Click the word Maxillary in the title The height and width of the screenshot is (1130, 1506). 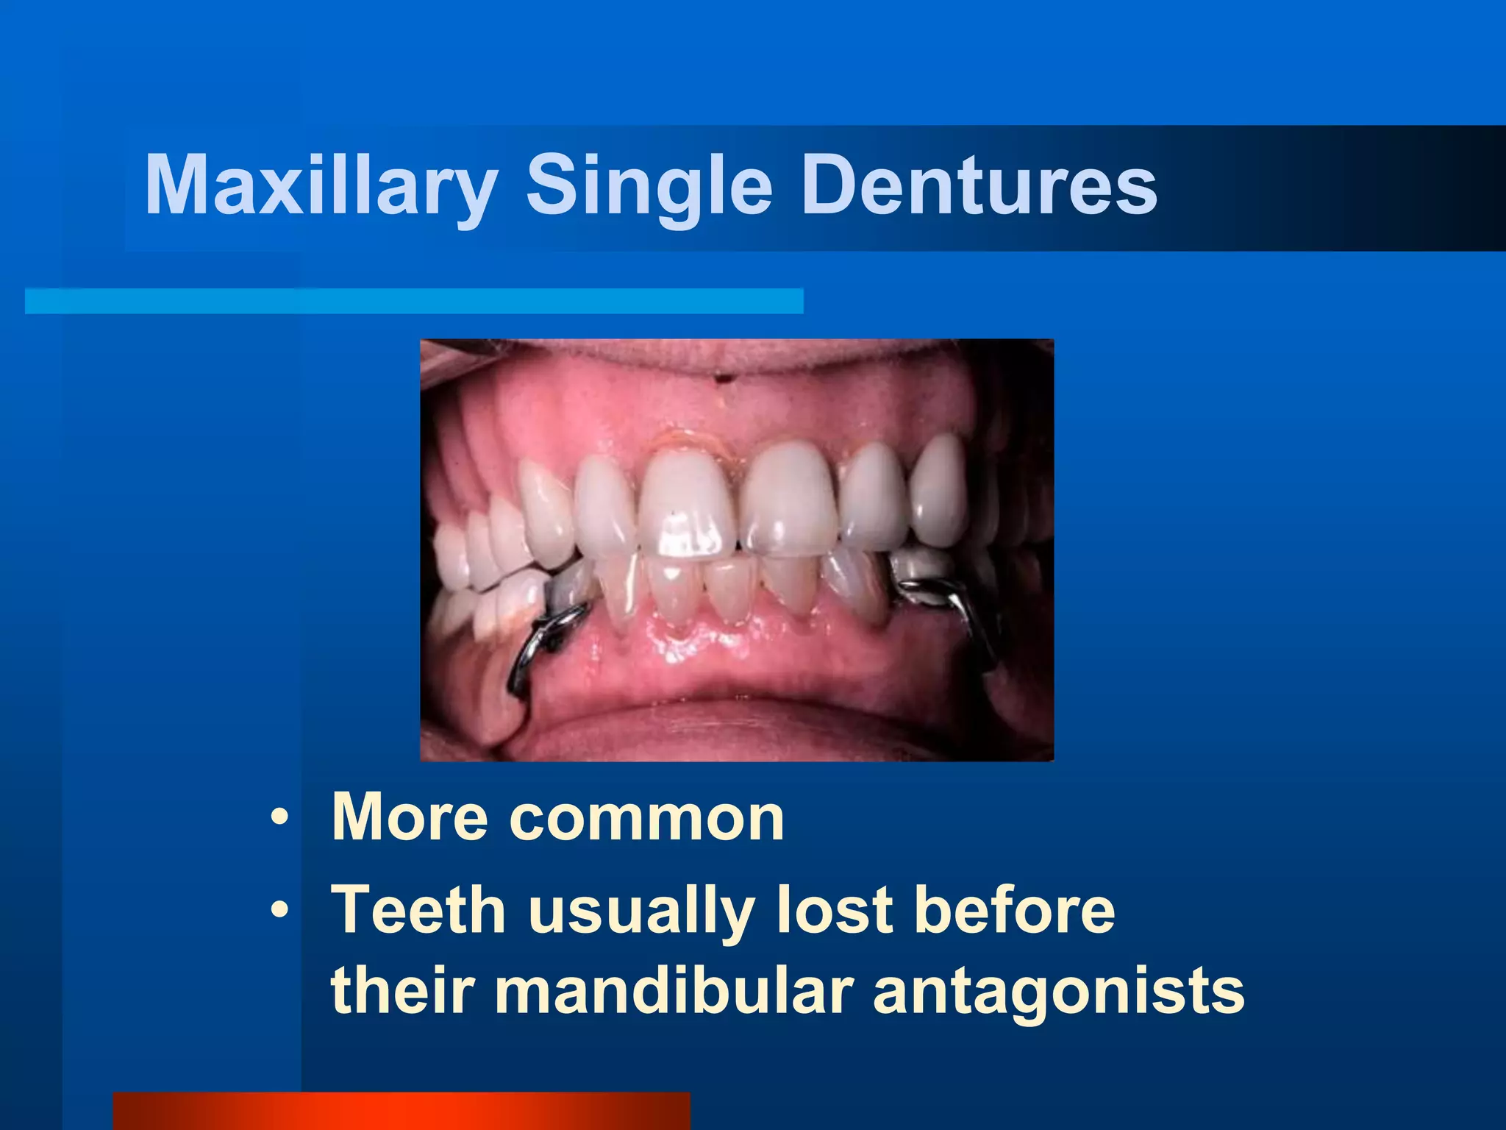coord(321,185)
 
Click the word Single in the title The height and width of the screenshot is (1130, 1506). coord(649,185)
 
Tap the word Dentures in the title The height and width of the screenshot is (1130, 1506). coord(979,185)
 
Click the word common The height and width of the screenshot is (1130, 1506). coord(646,818)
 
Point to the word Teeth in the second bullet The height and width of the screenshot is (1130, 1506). coord(418,910)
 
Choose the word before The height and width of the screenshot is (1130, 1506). coord(1015,910)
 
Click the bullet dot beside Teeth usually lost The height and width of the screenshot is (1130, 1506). coord(279,912)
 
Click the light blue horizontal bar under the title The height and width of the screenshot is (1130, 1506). coord(413,301)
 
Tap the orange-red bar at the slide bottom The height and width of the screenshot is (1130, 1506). coord(401,1111)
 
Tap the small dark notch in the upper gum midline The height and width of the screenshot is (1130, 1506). coord(724,379)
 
